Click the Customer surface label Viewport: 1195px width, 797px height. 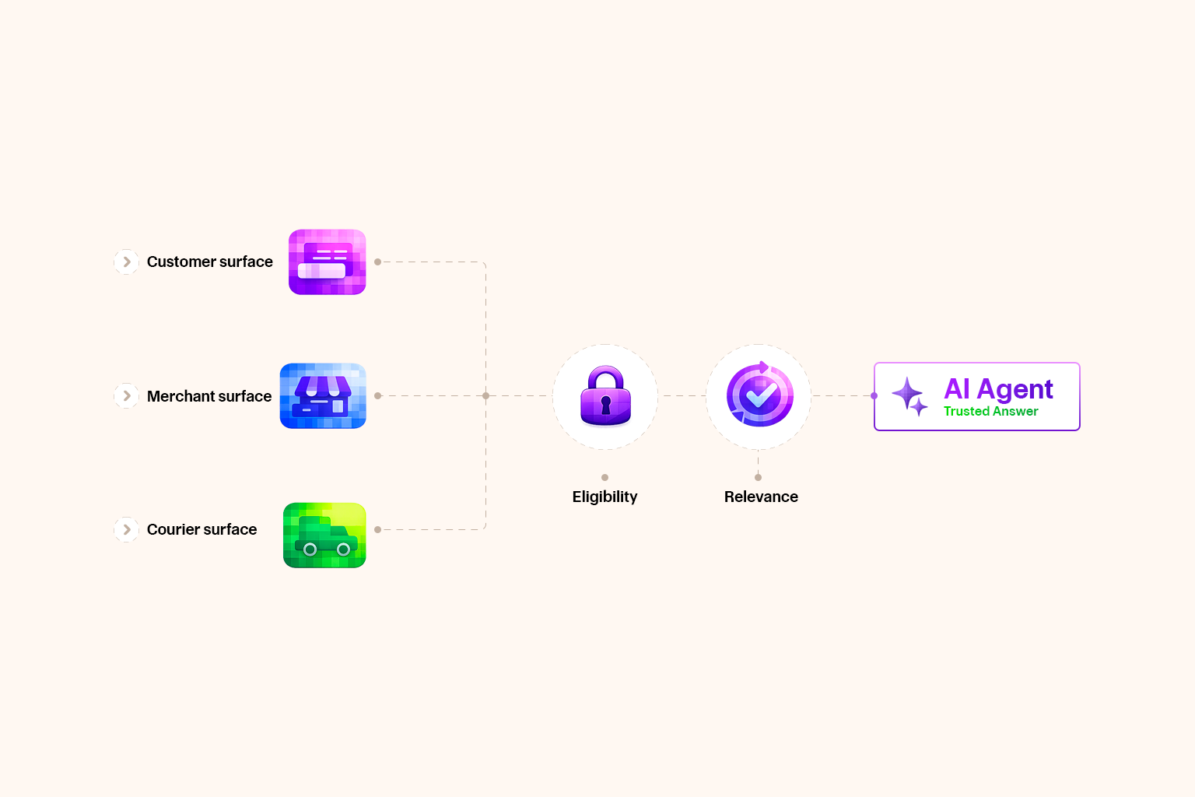[209, 262]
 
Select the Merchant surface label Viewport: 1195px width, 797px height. [209, 396]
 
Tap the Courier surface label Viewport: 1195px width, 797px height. [202, 529]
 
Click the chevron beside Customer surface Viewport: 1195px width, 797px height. [127, 262]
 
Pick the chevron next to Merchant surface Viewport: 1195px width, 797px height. [127, 396]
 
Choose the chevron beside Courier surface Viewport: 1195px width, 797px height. [127, 530]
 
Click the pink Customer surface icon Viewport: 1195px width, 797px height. [327, 262]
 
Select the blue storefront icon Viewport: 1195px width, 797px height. [323, 396]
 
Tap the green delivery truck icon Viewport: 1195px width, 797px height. [324, 535]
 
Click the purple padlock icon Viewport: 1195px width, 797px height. [605, 396]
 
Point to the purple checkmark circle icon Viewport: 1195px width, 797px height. [759, 395]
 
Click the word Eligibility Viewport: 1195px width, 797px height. [605, 497]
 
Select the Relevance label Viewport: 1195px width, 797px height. [761, 497]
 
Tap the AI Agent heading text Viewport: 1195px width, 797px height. [998, 388]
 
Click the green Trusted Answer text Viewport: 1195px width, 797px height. [990, 412]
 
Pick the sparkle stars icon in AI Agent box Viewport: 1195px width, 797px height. [909, 396]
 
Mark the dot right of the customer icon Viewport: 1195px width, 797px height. [377, 262]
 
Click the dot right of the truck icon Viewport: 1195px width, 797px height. [377, 529]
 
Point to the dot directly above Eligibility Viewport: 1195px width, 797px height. [605, 477]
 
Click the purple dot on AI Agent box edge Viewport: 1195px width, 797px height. [874, 396]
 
